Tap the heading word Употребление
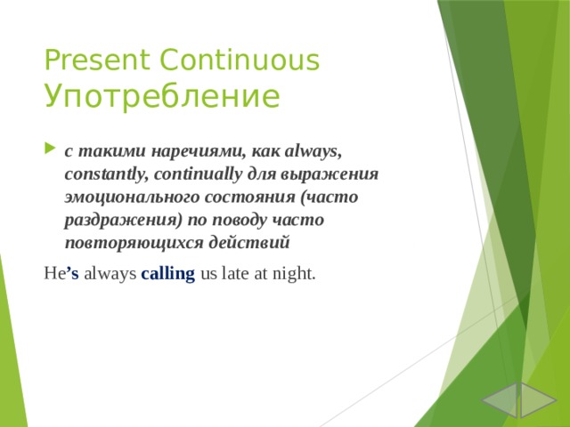161,95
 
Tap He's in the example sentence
61,273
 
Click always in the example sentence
110,273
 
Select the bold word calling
167,273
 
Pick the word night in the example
293,273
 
